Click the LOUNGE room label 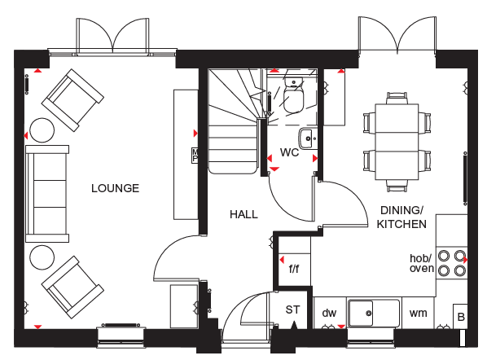(x=115, y=188)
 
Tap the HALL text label (x=243, y=214)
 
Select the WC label (x=289, y=152)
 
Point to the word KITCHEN (x=401, y=224)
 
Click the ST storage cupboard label (x=293, y=310)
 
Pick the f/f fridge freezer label (x=294, y=268)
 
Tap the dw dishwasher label (x=329, y=313)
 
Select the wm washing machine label (x=419, y=313)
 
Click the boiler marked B (x=461, y=316)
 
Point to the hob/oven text (x=422, y=263)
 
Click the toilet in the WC (x=293, y=94)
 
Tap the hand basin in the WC (x=309, y=138)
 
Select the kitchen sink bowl (x=360, y=313)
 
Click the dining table (x=397, y=142)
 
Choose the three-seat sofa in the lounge (x=47, y=194)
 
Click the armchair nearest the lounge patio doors (x=72, y=100)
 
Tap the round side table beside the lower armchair (x=42, y=257)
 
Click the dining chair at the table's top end (x=397, y=99)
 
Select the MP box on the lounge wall (x=195, y=156)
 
